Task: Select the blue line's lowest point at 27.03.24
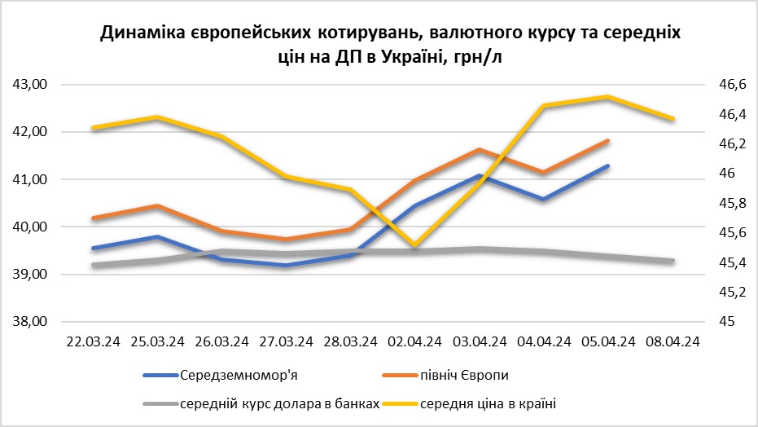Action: [287, 265]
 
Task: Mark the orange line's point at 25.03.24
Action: [158, 206]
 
